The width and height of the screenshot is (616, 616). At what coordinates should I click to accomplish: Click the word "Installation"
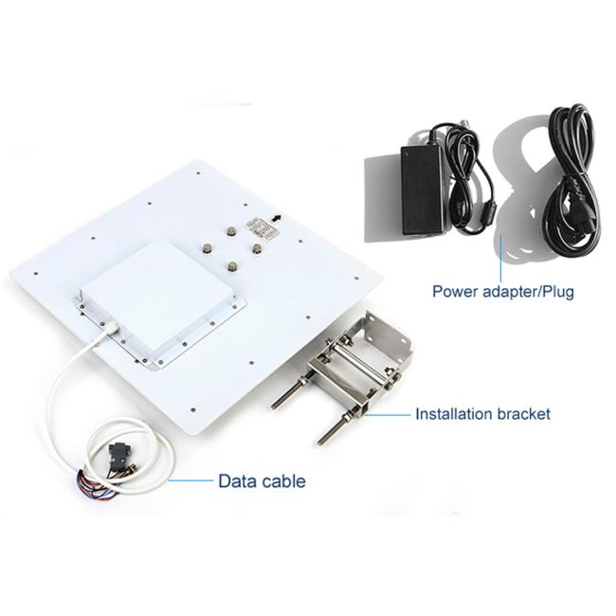(x=454, y=414)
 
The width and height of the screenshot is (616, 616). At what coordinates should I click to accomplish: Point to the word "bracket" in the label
(x=524, y=414)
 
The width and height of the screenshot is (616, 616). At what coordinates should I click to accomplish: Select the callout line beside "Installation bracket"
(x=386, y=414)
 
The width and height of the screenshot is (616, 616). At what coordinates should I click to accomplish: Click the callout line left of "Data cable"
(x=190, y=480)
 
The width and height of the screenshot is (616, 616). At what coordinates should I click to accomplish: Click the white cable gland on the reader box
(x=111, y=327)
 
